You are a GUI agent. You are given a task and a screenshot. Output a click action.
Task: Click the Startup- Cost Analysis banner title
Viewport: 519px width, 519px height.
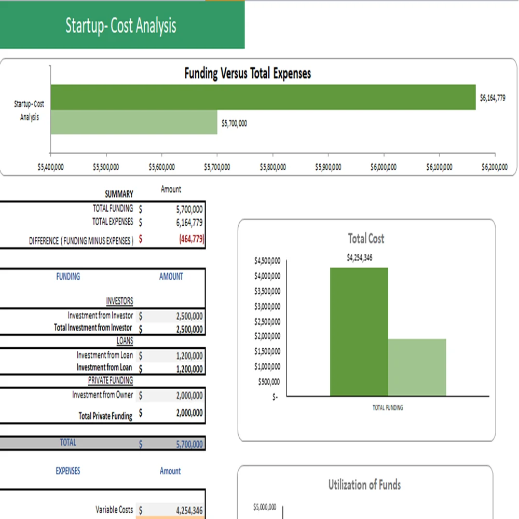[x=121, y=25]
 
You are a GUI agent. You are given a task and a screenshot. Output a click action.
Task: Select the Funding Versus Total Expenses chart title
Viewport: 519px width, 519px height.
[x=248, y=74]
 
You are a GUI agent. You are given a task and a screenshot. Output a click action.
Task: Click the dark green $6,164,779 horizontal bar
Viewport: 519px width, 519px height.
[x=263, y=97]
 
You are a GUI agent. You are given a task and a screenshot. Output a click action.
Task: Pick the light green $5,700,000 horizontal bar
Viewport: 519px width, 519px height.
[x=134, y=122]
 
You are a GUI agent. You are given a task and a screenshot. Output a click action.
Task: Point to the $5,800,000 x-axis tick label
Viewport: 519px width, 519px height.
[x=272, y=167]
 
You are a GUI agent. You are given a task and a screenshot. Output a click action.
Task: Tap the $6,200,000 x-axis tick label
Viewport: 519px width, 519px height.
[x=495, y=167]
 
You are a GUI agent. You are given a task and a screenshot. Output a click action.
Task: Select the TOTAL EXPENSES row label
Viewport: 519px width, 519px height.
[x=113, y=222]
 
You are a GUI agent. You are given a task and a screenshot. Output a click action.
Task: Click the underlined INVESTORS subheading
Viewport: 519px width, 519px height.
[x=119, y=301]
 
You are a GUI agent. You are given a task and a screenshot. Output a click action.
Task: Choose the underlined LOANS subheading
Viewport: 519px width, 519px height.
[x=125, y=341]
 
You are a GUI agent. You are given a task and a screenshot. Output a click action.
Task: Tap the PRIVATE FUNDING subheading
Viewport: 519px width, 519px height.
[x=110, y=380]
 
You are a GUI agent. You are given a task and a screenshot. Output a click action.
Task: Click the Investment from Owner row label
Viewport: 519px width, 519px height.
[x=103, y=395]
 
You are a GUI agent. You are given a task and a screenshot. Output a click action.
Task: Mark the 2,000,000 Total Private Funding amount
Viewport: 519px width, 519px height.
[x=189, y=414]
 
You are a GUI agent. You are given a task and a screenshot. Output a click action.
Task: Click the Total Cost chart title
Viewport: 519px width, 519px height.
[x=366, y=239]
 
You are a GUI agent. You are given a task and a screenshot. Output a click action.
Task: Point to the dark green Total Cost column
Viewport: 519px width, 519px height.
[x=359, y=332]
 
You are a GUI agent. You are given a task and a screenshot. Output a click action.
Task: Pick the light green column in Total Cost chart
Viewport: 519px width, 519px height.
[x=417, y=367]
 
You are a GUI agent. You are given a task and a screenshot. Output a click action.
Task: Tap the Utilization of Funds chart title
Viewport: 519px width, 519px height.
[x=364, y=485]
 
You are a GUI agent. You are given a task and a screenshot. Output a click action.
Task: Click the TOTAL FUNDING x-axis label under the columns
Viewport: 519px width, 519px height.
[x=388, y=408]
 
